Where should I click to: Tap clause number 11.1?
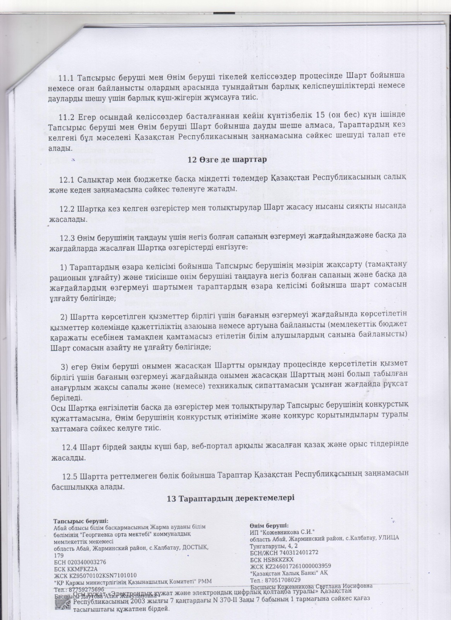[x=66, y=77]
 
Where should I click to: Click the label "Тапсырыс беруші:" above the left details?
[x=81, y=521]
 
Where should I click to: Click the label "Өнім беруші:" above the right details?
[x=269, y=525]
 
